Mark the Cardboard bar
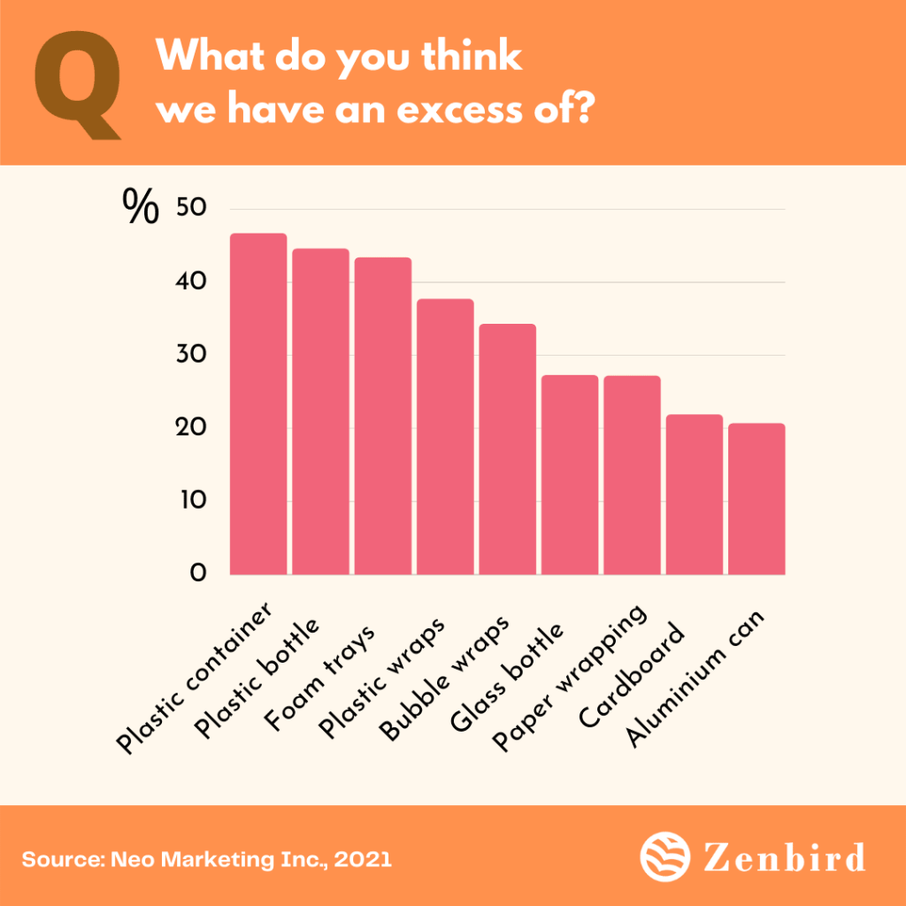point(695,495)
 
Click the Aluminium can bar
point(756,499)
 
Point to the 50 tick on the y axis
point(191,210)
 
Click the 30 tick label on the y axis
point(191,356)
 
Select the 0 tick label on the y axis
point(198,574)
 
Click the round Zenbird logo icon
point(662,857)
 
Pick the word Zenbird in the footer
point(782,857)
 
